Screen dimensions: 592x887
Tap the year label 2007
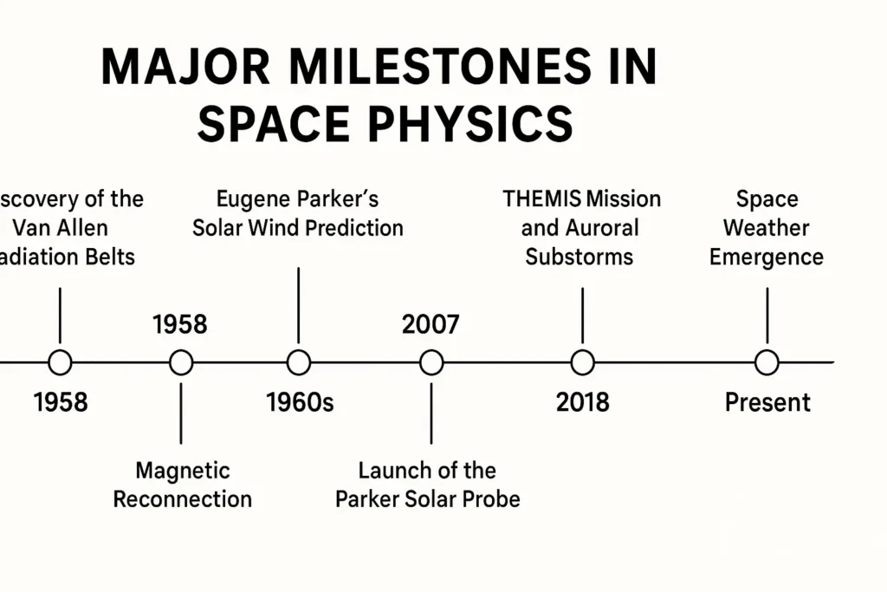pos(431,324)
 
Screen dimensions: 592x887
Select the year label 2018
pos(582,402)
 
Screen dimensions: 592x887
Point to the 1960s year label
pos(299,402)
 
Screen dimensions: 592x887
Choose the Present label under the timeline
pos(767,402)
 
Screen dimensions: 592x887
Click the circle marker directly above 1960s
pos(298,362)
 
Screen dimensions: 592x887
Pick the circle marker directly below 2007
pos(431,362)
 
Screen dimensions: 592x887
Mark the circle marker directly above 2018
pos(583,362)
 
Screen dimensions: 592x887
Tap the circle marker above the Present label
pos(767,362)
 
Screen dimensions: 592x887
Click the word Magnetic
pos(183,471)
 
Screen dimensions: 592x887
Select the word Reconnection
pos(183,499)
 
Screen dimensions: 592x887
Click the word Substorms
pos(579,257)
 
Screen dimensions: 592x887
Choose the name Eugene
pos(250,198)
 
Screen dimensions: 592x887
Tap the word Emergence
pos(767,257)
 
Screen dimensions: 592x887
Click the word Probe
pos(489,499)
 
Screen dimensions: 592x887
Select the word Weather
pos(767,228)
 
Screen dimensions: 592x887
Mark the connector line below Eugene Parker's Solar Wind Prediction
pos(298,303)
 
